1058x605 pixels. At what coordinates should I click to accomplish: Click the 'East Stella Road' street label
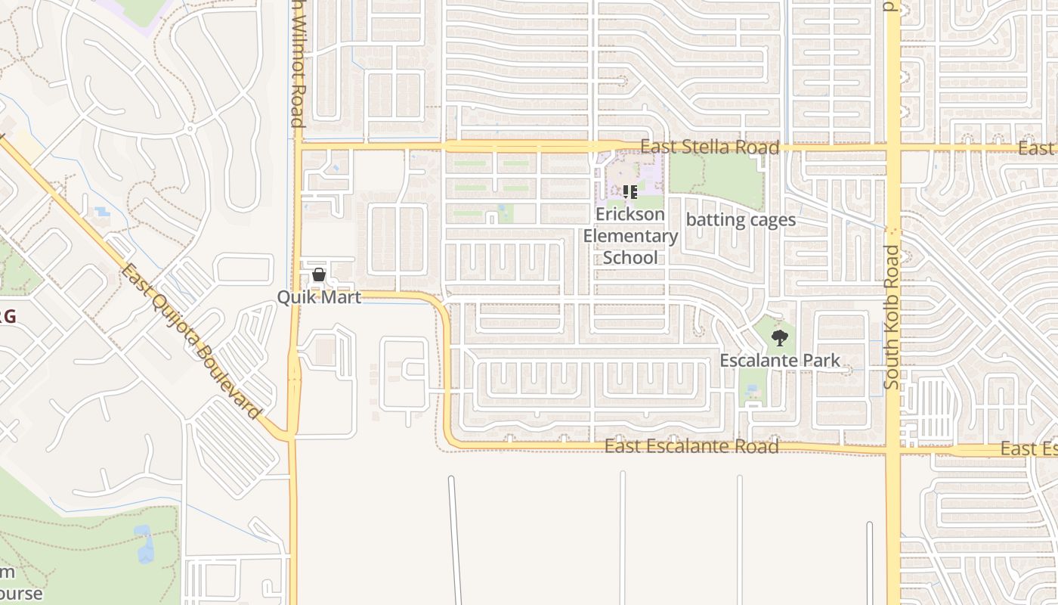[x=710, y=147]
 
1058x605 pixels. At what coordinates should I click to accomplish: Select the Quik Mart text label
[x=319, y=297]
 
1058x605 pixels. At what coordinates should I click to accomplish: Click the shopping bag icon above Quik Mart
[x=319, y=275]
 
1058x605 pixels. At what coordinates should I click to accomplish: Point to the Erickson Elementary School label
[x=630, y=236]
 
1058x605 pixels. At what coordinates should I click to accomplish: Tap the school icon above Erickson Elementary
[x=630, y=192]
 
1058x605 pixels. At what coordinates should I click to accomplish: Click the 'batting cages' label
[x=741, y=220]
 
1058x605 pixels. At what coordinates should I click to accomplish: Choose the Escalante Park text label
[x=780, y=361]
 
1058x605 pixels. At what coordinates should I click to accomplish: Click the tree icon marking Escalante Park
[x=780, y=338]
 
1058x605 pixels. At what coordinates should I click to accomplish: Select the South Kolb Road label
[x=892, y=317]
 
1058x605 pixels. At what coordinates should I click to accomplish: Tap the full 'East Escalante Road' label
[x=691, y=447]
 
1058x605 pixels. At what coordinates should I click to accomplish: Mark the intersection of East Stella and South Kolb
[x=892, y=147]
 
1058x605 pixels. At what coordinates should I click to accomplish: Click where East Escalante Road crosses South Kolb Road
[x=892, y=450]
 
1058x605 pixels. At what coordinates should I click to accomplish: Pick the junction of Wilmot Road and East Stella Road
[x=297, y=145]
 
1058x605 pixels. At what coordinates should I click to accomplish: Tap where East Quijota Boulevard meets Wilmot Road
[x=292, y=436]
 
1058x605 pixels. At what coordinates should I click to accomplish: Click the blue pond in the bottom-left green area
[x=144, y=544]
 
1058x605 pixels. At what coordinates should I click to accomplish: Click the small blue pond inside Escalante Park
[x=750, y=390]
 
